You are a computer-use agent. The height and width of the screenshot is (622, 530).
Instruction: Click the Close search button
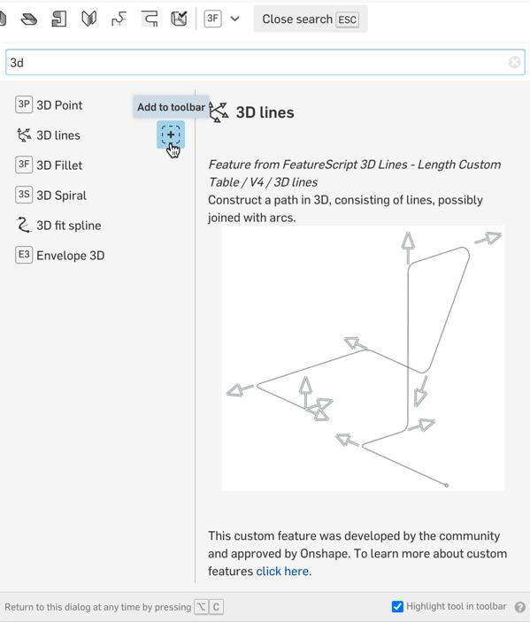[x=311, y=19]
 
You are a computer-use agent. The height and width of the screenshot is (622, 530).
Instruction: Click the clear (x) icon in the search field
[x=515, y=62]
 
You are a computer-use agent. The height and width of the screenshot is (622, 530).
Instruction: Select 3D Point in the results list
[x=59, y=105]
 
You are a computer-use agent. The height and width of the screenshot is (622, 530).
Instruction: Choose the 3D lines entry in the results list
[x=58, y=135]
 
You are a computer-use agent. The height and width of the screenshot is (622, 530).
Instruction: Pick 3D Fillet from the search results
[x=59, y=165]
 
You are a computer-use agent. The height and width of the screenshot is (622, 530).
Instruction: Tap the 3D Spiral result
[x=61, y=196]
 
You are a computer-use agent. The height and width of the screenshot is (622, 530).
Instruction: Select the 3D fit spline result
[x=69, y=226]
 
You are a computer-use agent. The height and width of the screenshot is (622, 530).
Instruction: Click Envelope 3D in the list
[x=71, y=256]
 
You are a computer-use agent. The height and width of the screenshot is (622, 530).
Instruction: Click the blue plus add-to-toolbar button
[x=171, y=134]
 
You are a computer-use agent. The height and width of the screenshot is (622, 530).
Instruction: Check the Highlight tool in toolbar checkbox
[x=397, y=607]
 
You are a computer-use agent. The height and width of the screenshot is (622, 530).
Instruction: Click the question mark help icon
[x=520, y=607]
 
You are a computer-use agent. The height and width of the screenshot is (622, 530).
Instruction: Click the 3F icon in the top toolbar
[x=212, y=19]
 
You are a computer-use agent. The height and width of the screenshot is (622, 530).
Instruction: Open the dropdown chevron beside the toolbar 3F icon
[x=234, y=19]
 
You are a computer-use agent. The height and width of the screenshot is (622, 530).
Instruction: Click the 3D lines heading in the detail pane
[x=265, y=112]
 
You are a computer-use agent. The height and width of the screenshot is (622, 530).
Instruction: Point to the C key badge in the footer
[x=216, y=607]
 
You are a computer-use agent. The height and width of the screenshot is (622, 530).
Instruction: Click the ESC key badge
[x=347, y=19]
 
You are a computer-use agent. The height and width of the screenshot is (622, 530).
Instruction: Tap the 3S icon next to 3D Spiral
[x=24, y=195]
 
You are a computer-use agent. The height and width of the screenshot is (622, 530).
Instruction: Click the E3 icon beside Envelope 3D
[x=24, y=254]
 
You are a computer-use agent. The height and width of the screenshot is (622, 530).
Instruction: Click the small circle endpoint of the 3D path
[x=446, y=485]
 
